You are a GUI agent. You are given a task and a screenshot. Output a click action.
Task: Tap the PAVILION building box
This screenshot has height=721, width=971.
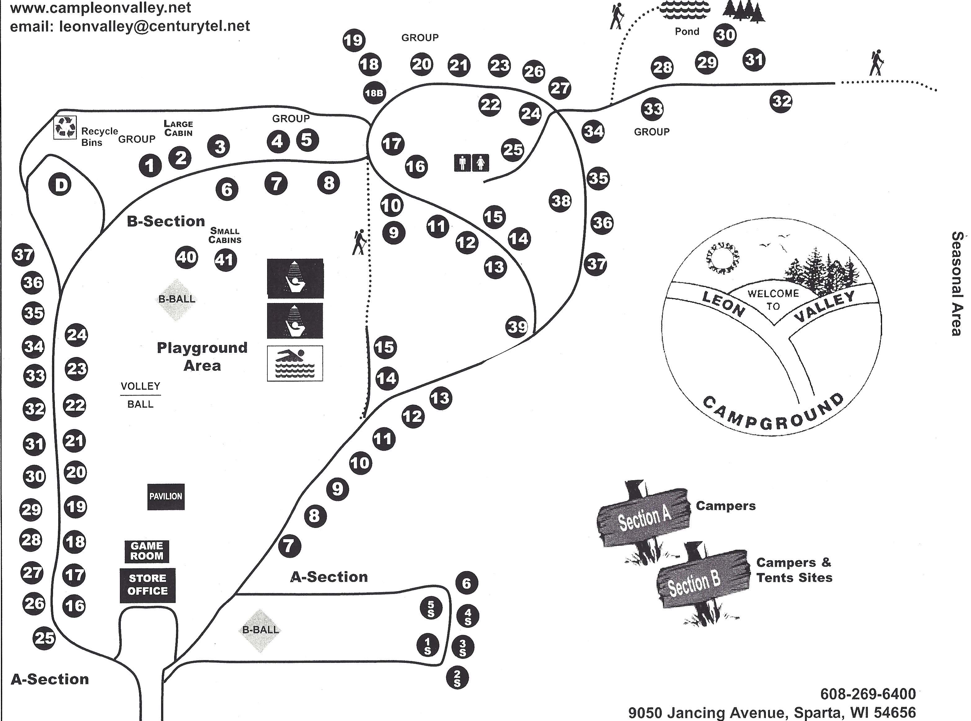click(166, 496)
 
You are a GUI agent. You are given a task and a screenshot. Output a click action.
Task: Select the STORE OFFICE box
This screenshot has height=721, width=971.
click(148, 585)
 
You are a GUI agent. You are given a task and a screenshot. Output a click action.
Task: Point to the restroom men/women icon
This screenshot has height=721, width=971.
click(471, 163)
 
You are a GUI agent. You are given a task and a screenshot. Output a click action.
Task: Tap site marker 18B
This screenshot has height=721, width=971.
click(374, 93)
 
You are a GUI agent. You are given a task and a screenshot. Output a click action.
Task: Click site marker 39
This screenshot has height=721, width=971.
click(517, 326)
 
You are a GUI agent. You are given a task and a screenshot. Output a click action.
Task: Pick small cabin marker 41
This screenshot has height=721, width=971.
click(225, 260)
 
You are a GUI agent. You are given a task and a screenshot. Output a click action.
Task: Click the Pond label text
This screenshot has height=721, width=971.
click(687, 31)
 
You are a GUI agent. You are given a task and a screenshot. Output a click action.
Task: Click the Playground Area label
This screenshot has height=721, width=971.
click(202, 356)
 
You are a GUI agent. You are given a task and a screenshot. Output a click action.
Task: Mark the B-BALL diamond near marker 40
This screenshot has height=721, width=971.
click(177, 299)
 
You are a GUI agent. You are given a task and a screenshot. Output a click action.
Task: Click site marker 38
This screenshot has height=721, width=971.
click(561, 201)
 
